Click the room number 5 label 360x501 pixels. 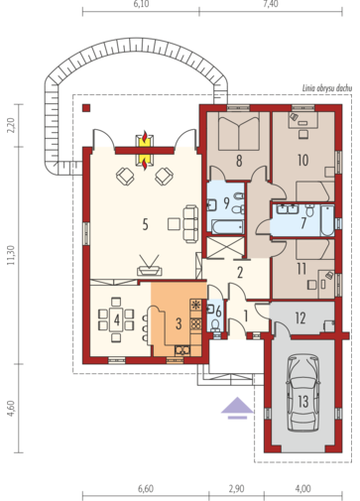click(x=145, y=224)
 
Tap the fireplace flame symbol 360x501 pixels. click(x=146, y=149)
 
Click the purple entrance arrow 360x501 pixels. click(x=236, y=405)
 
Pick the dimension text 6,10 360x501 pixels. click(x=141, y=5)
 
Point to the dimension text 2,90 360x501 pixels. click(x=236, y=488)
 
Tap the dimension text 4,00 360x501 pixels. click(x=302, y=488)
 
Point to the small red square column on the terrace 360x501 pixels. click(x=87, y=106)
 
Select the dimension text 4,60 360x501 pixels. click(x=10, y=409)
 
